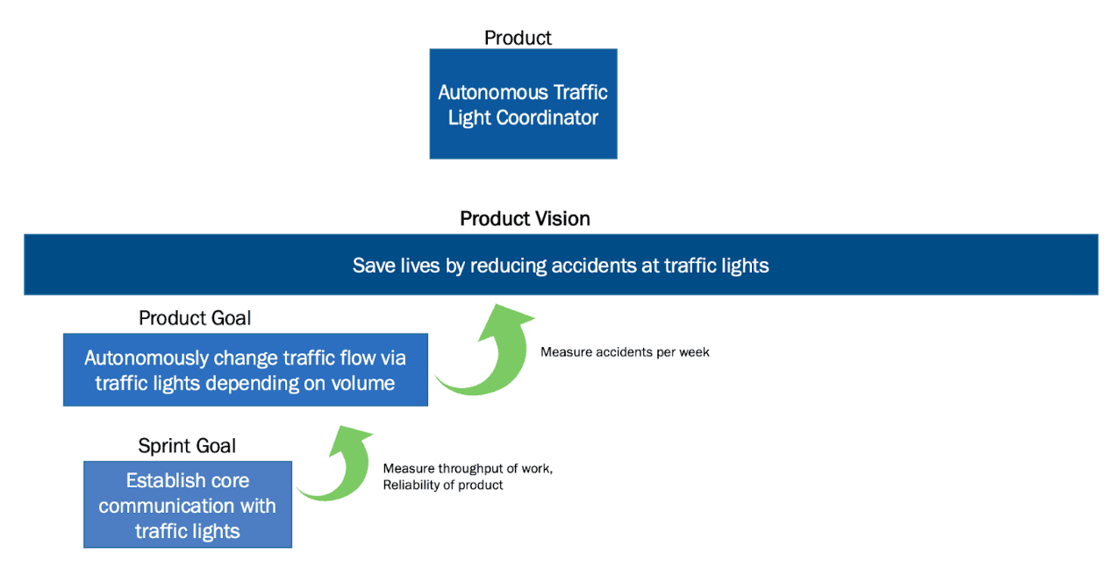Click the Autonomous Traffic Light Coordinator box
523,104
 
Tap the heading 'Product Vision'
525,218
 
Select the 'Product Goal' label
195,318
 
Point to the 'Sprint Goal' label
187,446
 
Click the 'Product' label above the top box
518,38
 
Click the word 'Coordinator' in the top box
547,117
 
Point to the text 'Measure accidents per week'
625,352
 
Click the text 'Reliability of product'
443,485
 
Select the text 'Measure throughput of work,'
468,469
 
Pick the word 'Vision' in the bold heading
562,218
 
